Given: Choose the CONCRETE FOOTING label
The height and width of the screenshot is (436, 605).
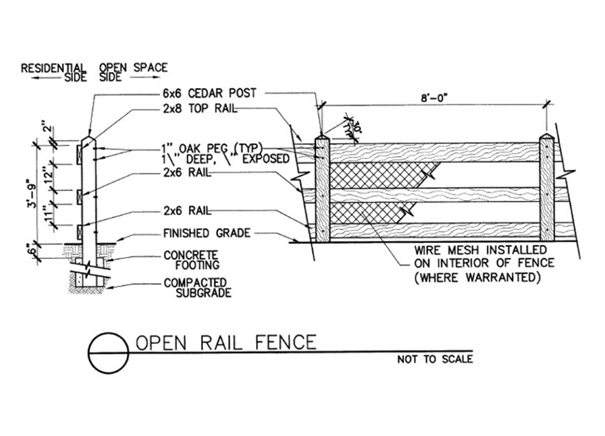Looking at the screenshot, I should (x=190, y=260).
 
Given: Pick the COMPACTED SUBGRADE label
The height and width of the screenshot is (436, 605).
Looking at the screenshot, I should (x=195, y=287).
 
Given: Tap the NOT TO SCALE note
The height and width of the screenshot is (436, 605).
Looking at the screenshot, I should (x=434, y=359).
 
